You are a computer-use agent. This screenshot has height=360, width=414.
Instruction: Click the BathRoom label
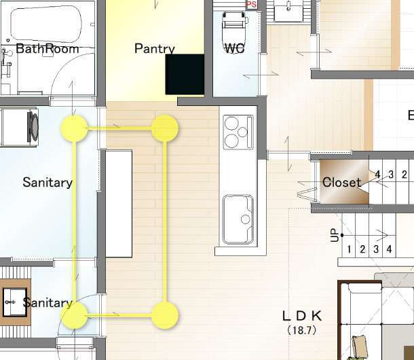coord(48,49)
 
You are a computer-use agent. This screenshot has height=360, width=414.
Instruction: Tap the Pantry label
coord(155,49)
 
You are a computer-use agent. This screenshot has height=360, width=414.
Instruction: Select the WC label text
coord(234,48)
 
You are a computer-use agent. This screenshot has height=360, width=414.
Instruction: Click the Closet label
coord(341,183)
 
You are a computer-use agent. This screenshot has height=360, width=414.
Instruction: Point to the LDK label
coord(302,316)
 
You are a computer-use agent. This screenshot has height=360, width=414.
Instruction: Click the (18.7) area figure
coord(302,330)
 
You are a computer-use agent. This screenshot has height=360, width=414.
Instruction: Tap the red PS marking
coord(251,4)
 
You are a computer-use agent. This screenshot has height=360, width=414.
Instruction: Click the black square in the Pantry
coord(185,74)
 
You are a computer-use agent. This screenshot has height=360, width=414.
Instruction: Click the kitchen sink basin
coord(238,219)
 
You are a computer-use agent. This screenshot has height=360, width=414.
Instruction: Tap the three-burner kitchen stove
coord(238,132)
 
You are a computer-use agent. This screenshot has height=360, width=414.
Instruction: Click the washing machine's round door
coord(33,127)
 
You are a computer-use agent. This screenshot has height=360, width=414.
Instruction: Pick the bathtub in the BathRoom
coord(46,24)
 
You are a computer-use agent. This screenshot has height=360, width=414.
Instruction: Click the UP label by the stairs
coord(335,235)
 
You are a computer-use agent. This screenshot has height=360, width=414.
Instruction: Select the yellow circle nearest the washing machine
coord(74,128)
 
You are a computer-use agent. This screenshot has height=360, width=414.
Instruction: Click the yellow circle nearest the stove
coord(165,128)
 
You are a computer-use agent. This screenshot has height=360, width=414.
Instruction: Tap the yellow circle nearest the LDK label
coord(165,316)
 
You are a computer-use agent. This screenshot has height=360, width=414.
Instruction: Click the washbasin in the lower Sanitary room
coord(15,302)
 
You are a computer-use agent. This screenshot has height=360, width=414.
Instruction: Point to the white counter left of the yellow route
coord(119,204)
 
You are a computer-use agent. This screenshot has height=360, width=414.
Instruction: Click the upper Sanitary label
coord(48,183)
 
